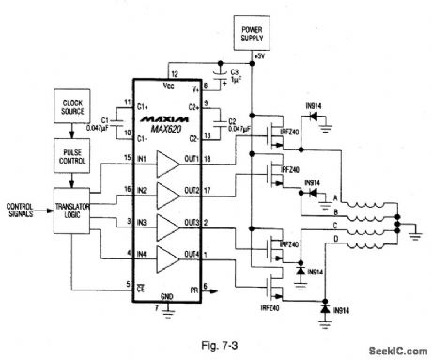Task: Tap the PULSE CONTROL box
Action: [73, 152]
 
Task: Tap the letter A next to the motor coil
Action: [335, 196]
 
